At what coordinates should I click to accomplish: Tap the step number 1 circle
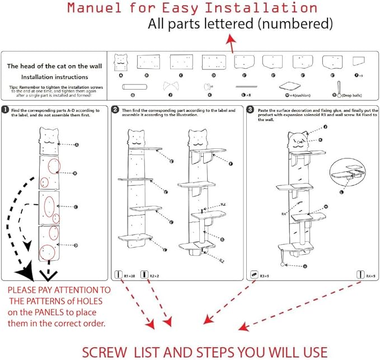tap(5, 110)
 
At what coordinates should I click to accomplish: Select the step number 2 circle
tap(115, 110)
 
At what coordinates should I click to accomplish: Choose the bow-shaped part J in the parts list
tap(171, 86)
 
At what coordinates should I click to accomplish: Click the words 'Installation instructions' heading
tap(55, 77)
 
